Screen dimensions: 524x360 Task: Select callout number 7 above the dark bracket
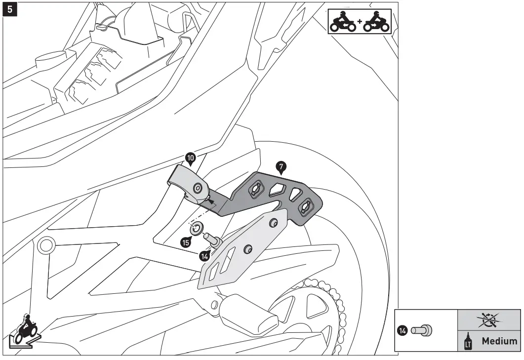point(281,167)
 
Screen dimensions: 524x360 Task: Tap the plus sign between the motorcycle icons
point(360,23)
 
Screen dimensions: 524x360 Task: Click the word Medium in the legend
point(499,341)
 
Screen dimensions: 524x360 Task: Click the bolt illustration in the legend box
point(422,330)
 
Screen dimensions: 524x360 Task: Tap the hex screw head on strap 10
point(198,187)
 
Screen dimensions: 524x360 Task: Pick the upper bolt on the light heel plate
point(273,224)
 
